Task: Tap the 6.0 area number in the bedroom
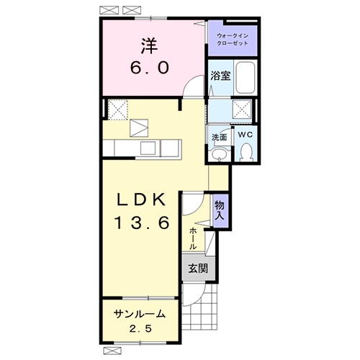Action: (x=150, y=68)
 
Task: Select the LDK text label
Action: (x=141, y=199)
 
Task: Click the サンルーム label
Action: (x=140, y=314)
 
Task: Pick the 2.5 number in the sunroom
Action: (x=140, y=328)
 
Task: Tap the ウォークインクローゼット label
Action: (x=233, y=40)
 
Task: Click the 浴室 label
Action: (x=220, y=76)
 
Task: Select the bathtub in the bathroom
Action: (x=245, y=78)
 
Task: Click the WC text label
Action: (x=246, y=135)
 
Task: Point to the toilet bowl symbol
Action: (x=246, y=151)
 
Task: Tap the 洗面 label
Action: (x=219, y=138)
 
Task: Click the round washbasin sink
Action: (x=219, y=153)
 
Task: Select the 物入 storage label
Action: (x=220, y=210)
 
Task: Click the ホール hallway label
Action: (x=193, y=239)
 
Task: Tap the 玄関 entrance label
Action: (x=198, y=269)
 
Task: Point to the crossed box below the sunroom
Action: (x=112, y=351)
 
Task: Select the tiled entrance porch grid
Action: (x=199, y=307)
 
